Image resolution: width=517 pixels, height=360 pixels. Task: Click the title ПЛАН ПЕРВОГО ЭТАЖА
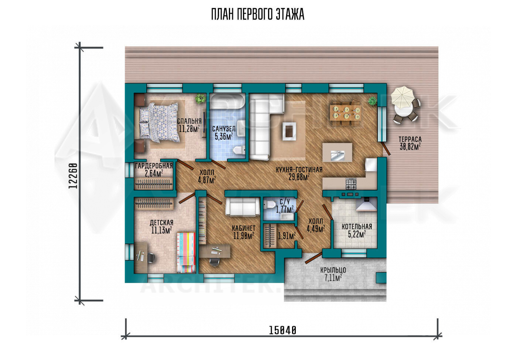point(258,14)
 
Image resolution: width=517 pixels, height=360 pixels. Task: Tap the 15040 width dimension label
point(283,330)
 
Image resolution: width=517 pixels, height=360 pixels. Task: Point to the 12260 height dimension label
point(73,176)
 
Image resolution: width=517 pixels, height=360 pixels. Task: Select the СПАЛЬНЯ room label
point(189,121)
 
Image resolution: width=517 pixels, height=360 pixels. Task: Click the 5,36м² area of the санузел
point(224,136)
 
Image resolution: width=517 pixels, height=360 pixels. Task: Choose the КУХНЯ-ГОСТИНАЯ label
point(299,170)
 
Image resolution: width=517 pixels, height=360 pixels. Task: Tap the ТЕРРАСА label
point(410,139)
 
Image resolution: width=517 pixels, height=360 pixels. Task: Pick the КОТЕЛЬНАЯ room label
point(357,227)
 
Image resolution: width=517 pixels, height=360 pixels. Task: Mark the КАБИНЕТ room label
point(244,228)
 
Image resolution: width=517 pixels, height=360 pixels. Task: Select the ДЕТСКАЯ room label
point(162,223)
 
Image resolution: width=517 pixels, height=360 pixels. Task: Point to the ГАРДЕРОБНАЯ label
point(154,166)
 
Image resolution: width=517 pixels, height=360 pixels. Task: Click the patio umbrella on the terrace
point(403,96)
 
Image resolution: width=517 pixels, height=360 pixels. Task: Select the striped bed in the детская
point(186,253)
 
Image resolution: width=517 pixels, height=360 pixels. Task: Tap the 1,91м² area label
point(287,236)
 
